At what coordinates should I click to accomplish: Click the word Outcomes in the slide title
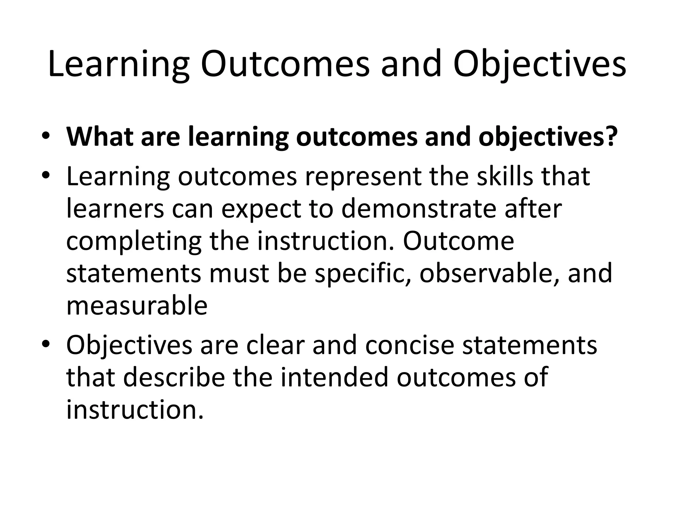(x=285, y=64)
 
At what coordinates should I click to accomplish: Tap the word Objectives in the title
(x=539, y=64)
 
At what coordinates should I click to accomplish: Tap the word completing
(x=134, y=242)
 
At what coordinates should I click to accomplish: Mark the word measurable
(x=137, y=306)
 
